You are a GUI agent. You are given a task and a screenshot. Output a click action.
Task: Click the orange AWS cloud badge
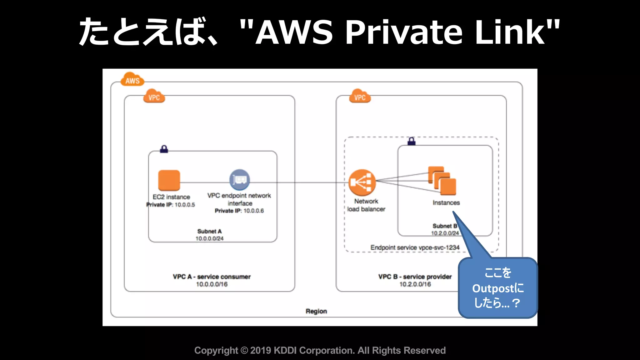[132, 80]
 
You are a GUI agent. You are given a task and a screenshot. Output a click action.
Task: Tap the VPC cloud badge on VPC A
[154, 97]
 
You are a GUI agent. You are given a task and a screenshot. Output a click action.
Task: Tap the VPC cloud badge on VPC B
[360, 97]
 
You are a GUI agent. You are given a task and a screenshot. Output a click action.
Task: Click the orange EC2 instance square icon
[169, 180]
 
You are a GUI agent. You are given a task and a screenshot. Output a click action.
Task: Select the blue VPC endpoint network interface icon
[240, 180]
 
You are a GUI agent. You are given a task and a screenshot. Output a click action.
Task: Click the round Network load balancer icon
[362, 182]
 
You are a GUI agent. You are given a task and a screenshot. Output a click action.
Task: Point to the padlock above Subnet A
[164, 149]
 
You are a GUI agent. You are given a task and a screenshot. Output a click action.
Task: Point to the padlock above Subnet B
[412, 141]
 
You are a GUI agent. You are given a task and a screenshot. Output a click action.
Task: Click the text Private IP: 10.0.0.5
[171, 205]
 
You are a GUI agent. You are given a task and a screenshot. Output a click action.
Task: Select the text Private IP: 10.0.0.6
[239, 211]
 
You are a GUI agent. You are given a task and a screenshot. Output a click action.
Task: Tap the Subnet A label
[209, 231]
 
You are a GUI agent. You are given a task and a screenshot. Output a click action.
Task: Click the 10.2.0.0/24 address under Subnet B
[445, 233]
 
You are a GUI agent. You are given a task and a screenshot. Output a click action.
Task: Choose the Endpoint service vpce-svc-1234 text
[415, 247]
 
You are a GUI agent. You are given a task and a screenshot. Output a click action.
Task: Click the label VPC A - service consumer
[212, 277]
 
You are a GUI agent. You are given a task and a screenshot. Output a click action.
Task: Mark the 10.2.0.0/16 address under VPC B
[415, 284]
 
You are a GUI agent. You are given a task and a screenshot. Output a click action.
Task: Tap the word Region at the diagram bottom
[316, 311]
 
